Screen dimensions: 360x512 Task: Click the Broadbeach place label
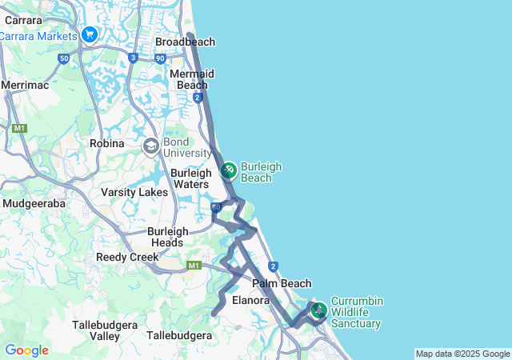[x=185, y=42]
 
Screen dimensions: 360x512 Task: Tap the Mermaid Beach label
[x=191, y=79]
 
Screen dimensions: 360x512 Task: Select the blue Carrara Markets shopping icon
[x=89, y=35]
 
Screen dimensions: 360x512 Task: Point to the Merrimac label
[x=25, y=84]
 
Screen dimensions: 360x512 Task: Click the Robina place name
[x=106, y=143]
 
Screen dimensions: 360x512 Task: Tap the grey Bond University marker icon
[x=150, y=146]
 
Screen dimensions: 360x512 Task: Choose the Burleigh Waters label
[x=190, y=178]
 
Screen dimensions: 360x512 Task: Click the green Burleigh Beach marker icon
[x=228, y=170]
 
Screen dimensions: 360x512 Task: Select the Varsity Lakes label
[x=134, y=192]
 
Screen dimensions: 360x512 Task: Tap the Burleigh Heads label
[x=166, y=237]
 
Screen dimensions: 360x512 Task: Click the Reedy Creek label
[x=122, y=257]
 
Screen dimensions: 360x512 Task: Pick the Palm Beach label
[x=282, y=283]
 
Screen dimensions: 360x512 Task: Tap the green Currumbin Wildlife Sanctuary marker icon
[x=318, y=310]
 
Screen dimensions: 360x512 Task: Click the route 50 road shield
[x=64, y=58]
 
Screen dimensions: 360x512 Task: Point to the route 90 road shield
[x=161, y=58]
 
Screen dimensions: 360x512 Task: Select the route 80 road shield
[x=216, y=207]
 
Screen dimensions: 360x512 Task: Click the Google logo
[x=26, y=350]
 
